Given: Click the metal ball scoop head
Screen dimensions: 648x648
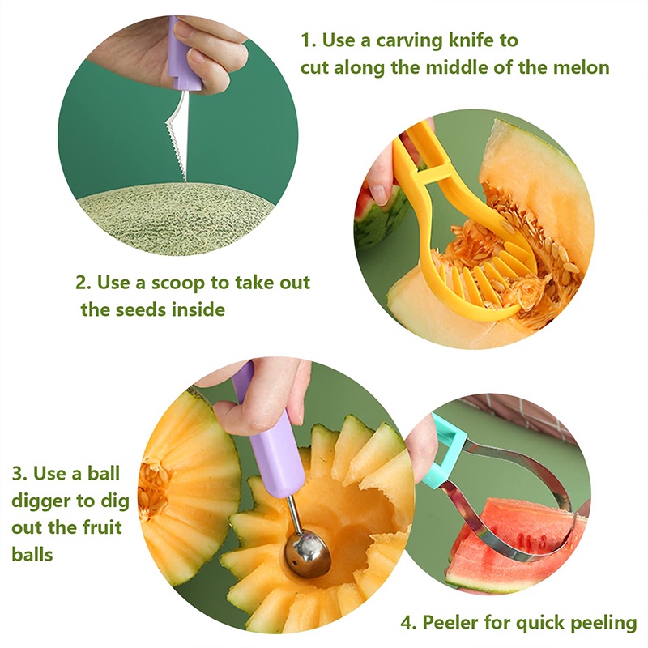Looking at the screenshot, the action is [x=307, y=554].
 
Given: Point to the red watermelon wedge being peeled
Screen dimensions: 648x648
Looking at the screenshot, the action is [x=517, y=545].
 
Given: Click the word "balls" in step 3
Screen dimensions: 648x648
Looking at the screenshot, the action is [x=32, y=554].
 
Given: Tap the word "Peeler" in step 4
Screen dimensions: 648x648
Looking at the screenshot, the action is [x=450, y=623].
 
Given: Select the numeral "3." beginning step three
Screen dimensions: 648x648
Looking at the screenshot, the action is [x=19, y=474].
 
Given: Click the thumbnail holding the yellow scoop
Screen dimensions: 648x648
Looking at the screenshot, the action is [x=378, y=194].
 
